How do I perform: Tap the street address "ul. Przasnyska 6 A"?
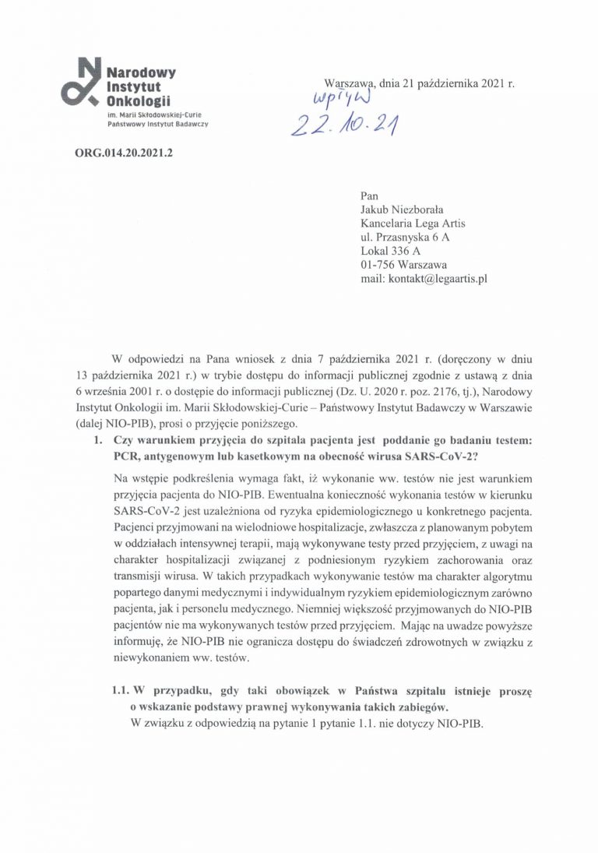click(406, 237)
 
